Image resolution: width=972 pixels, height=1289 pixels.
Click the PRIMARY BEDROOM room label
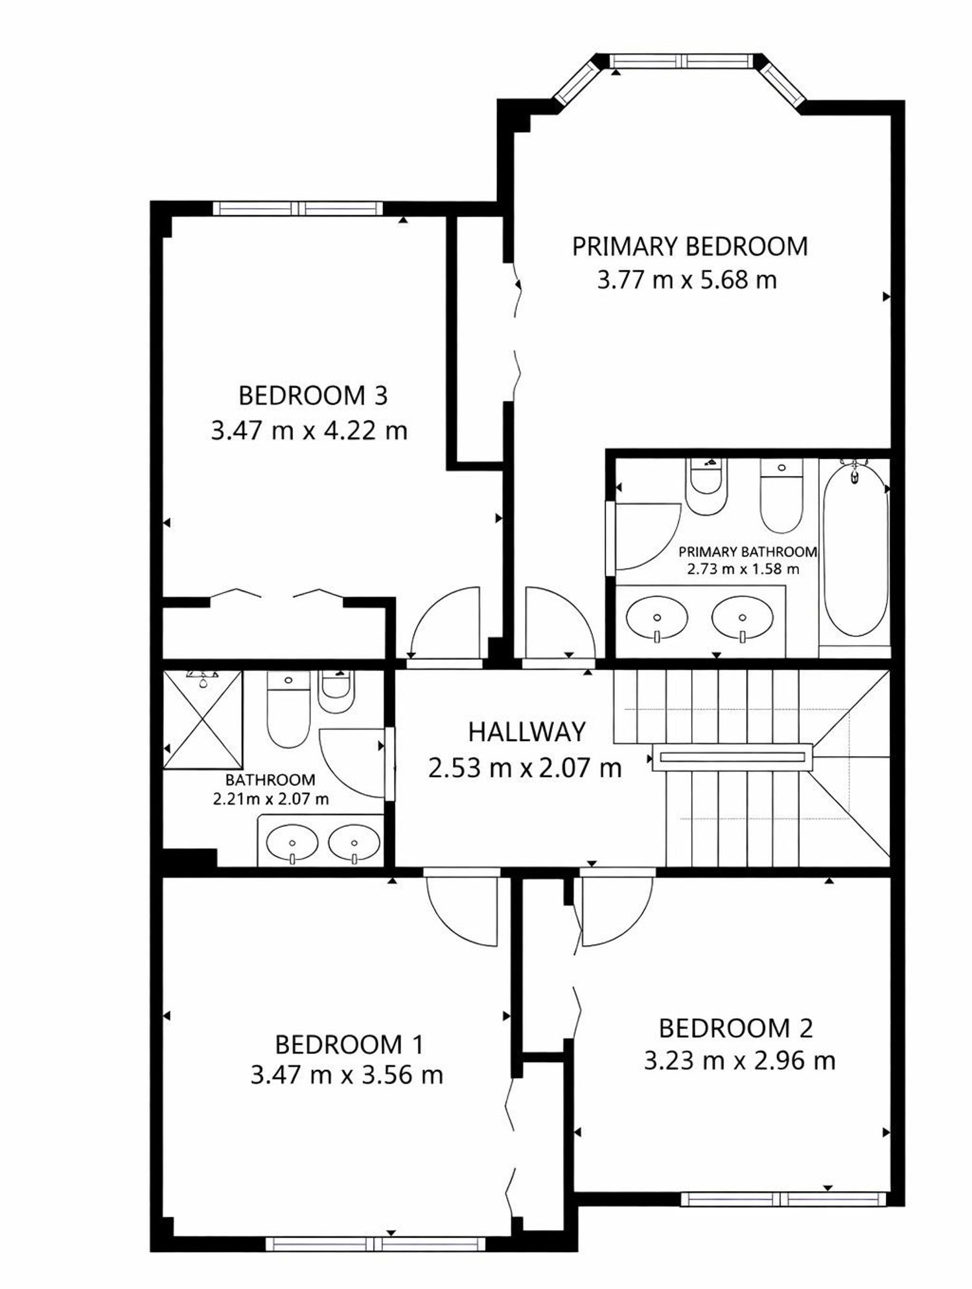tap(689, 247)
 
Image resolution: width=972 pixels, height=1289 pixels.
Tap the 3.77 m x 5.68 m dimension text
tap(687, 280)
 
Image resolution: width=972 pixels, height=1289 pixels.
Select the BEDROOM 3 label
tap(313, 396)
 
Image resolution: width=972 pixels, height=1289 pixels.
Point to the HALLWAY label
tap(526, 732)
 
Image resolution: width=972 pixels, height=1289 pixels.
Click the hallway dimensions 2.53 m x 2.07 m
tap(525, 768)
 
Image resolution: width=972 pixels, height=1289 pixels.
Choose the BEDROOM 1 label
tap(349, 1045)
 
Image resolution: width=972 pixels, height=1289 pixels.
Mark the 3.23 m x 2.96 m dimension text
tap(739, 1061)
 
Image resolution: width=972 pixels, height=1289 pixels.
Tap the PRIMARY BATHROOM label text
tap(748, 552)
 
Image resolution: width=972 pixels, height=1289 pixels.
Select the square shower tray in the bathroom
tap(202, 719)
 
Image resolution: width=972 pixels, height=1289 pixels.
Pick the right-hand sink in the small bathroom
tap(354, 844)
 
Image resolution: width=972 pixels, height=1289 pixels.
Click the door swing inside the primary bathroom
tap(648, 536)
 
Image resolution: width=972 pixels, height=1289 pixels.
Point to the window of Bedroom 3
tap(298, 208)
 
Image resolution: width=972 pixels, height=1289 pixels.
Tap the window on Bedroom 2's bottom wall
tap(783, 1199)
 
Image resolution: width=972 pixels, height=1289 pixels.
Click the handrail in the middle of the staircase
tap(732, 756)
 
